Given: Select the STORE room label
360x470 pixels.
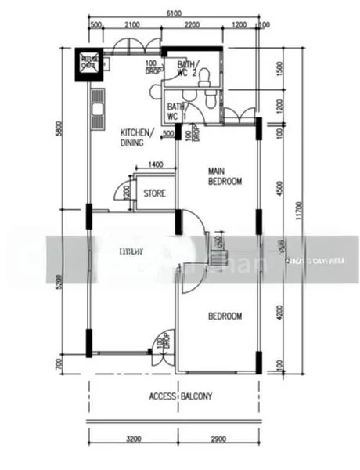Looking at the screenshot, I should (x=154, y=193).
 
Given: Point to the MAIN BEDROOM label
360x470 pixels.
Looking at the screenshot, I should (x=225, y=175).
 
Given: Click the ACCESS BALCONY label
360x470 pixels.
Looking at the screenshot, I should (x=180, y=396).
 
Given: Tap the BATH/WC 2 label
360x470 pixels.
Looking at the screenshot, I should (x=187, y=70).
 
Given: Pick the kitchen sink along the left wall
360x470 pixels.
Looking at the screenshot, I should (x=98, y=109).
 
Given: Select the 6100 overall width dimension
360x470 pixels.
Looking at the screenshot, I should (x=175, y=13).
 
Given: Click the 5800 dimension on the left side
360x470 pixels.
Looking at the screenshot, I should (x=57, y=129).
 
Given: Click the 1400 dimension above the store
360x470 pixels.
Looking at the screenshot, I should (x=155, y=164).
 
